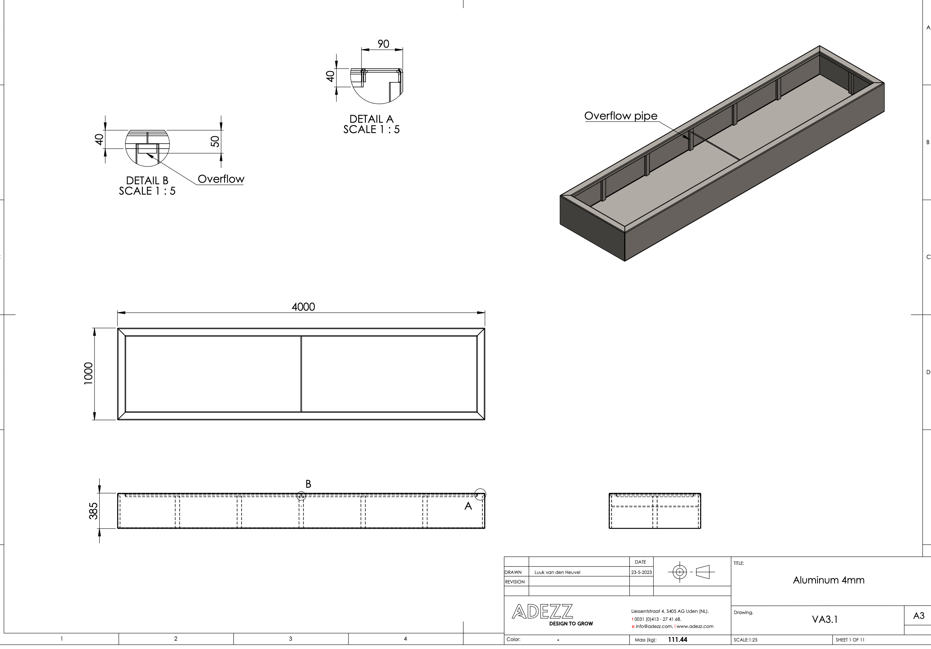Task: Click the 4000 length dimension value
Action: pyautogui.click(x=303, y=307)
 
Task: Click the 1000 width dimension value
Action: pyautogui.click(x=88, y=373)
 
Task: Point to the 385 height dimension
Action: pyautogui.click(x=93, y=511)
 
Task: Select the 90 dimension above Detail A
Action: pyautogui.click(x=383, y=44)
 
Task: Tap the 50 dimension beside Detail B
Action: pyautogui.click(x=215, y=141)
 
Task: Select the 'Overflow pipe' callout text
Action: pyautogui.click(x=620, y=116)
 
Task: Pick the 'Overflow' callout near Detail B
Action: pyautogui.click(x=221, y=179)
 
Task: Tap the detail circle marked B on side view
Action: pyautogui.click(x=301, y=496)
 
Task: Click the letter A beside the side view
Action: pyautogui.click(x=468, y=506)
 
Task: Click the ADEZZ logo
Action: pyautogui.click(x=542, y=612)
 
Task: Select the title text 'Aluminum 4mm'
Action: pyautogui.click(x=828, y=580)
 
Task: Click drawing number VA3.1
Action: pyautogui.click(x=825, y=619)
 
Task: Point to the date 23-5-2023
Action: pyautogui.click(x=641, y=572)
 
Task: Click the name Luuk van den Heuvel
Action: pyautogui.click(x=557, y=572)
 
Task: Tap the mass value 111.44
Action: pyautogui.click(x=677, y=639)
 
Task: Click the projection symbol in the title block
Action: pyautogui.click(x=691, y=572)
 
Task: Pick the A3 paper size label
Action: pyautogui.click(x=918, y=616)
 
